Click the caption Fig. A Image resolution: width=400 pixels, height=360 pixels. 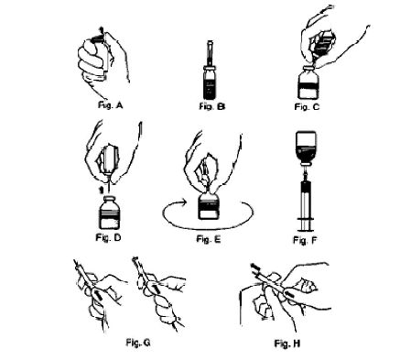click(x=110, y=105)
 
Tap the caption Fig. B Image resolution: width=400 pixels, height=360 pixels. click(x=212, y=106)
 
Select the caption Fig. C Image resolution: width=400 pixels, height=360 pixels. click(x=307, y=106)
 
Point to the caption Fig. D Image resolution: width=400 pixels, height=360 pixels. click(x=108, y=237)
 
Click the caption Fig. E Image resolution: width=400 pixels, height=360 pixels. click(x=209, y=239)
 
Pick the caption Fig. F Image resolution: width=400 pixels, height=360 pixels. click(x=305, y=240)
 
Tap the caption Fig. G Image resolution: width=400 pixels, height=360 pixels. click(x=138, y=343)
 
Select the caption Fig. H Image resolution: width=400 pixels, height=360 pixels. click(x=287, y=344)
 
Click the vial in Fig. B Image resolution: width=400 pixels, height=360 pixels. click(x=210, y=82)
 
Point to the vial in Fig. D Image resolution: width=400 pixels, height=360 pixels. click(x=109, y=213)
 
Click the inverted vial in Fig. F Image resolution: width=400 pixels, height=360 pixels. click(x=306, y=148)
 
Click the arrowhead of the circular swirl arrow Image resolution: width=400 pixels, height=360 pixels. click(x=183, y=202)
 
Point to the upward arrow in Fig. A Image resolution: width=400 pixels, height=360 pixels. click(x=102, y=30)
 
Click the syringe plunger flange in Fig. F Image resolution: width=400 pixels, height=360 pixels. click(x=306, y=220)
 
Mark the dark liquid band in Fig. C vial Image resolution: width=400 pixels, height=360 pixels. click(x=308, y=86)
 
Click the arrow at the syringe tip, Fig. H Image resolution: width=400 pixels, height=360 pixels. click(x=255, y=267)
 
